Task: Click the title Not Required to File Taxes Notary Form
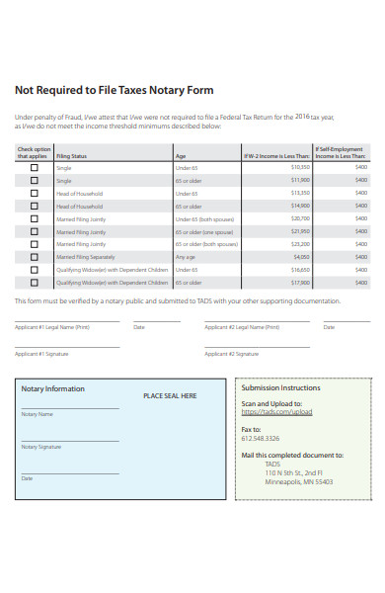coord(114,90)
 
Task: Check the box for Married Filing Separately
coord(35,256)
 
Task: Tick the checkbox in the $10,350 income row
coord(35,167)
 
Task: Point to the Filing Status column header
coord(71,156)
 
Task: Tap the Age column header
coord(181,156)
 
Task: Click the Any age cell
coord(185,256)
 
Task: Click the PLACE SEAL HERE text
coord(170,395)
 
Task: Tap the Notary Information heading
coord(53,388)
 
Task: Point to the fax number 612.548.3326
coord(261,438)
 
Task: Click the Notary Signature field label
coord(41,447)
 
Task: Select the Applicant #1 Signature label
coord(41,353)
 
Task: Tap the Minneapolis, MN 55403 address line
coord(298,481)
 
